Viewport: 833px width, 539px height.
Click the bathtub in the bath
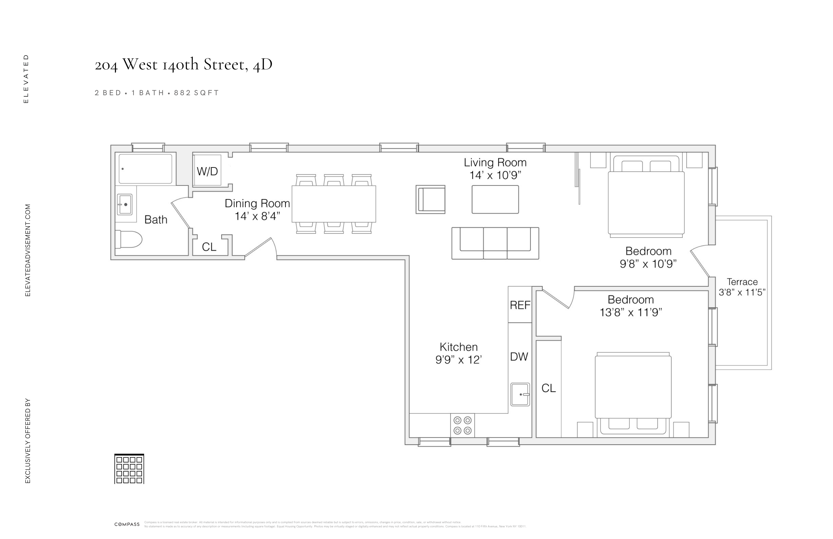point(145,168)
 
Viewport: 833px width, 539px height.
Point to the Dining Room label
point(257,203)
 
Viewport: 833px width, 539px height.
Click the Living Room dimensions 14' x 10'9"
point(495,175)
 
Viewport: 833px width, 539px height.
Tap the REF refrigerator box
point(520,305)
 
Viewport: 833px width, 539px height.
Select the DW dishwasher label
point(519,356)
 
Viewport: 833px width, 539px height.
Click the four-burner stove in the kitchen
point(462,425)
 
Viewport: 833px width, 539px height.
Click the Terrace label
point(742,281)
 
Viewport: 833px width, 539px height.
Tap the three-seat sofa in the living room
point(495,243)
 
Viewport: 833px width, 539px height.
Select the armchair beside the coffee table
point(430,199)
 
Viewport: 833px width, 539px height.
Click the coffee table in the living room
point(495,199)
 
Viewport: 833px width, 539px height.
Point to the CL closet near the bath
point(209,247)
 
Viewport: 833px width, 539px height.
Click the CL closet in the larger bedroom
point(548,388)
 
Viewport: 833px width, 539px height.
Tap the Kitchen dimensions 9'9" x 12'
point(458,360)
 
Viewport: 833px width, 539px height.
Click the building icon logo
point(129,469)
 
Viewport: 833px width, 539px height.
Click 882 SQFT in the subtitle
point(196,93)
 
